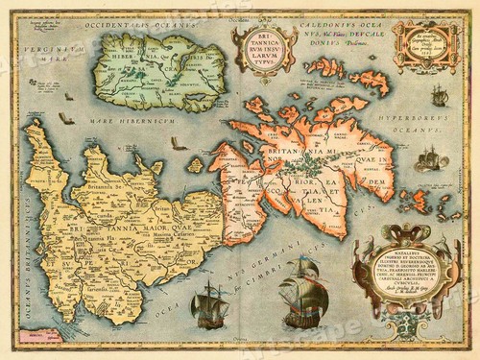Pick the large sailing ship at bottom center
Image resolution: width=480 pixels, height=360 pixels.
point(303,296)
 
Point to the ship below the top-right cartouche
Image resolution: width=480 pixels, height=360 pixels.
point(439,94)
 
